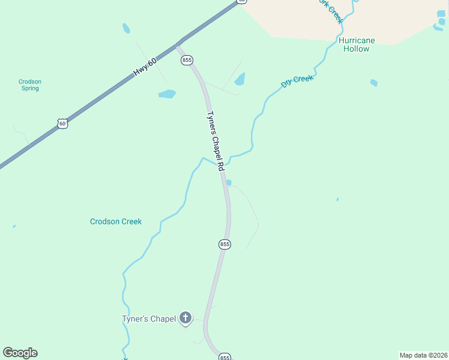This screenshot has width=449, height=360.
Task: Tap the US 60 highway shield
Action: (62, 124)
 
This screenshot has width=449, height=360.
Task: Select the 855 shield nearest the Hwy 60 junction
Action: (186, 61)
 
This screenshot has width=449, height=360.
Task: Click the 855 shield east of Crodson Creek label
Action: (224, 244)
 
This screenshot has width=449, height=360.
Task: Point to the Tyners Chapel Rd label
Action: (215, 140)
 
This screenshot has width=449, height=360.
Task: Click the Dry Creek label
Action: (297, 82)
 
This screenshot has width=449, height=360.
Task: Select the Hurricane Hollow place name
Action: (357, 44)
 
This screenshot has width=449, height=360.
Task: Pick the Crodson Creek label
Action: (116, 221)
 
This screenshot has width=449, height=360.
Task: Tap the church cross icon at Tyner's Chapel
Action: (186, 318)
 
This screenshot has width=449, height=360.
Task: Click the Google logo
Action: (20, 353)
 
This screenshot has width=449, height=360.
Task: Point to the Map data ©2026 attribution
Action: (423, 355)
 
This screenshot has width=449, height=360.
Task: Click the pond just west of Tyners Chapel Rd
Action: (167, 94)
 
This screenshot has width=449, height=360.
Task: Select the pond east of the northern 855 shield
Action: (240, 79)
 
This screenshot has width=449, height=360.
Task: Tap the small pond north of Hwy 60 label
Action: (126, 28)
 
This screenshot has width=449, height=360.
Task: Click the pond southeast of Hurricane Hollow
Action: (374, 83)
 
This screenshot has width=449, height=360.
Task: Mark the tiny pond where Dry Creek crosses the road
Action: (229, 183)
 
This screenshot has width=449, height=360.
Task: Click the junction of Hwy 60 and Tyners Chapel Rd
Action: (178, 44)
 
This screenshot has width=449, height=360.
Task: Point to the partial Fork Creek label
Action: (331, 11)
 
